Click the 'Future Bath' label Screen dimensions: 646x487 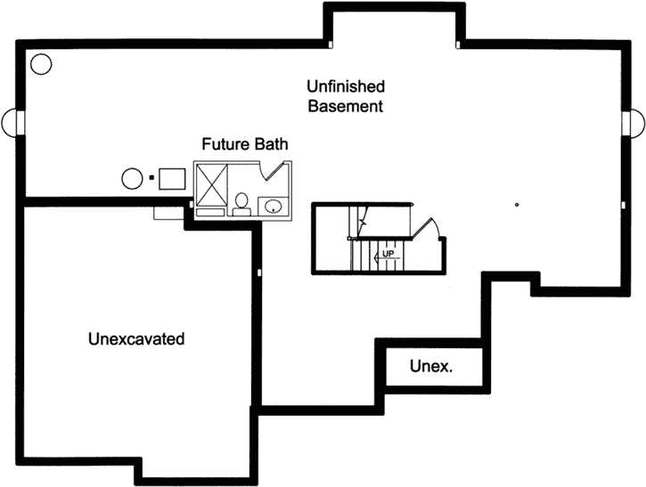pos(245,143)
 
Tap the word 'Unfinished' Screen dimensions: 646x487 pos(346,86)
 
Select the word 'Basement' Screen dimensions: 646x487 pos(346,106)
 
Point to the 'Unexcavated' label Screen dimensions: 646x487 pos(136,339)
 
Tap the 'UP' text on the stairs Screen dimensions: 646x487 pos(388,255)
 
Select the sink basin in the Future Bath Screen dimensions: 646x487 pos(274,207)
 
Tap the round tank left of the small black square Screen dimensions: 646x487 pos(132,178)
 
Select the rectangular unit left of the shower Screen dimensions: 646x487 pos(172,178)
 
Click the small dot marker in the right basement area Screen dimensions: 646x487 pos(517,205)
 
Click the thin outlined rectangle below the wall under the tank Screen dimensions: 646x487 pos(167,214)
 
